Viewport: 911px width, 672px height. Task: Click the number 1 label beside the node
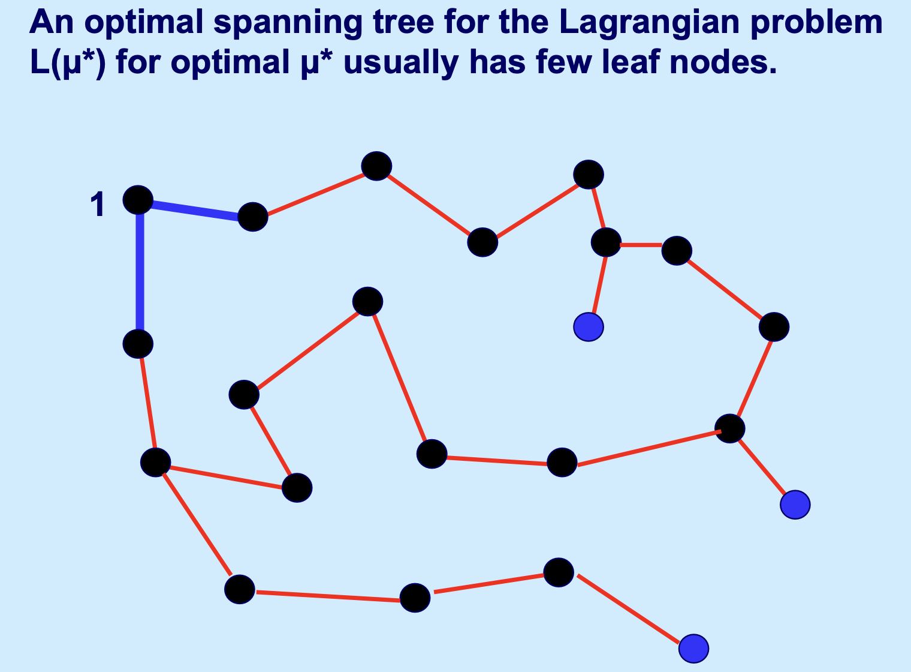coord(98,205)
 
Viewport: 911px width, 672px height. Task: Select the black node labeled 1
coord(138,200)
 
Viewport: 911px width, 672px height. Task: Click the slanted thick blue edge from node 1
coord(195,210)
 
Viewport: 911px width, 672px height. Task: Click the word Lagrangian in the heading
coord(649,23)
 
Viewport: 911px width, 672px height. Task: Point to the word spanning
coord(288,23)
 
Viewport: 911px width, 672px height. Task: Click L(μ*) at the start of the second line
coord(68,64)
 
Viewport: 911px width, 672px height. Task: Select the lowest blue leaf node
coord(694,649)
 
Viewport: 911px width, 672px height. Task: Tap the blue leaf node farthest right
coord(795,505)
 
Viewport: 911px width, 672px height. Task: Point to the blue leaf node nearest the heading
coord(589,327)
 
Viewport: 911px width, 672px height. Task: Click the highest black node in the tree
coord(376,166)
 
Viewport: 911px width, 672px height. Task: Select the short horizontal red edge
coord(641,245)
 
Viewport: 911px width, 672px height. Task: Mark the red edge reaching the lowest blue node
coord(628,609)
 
